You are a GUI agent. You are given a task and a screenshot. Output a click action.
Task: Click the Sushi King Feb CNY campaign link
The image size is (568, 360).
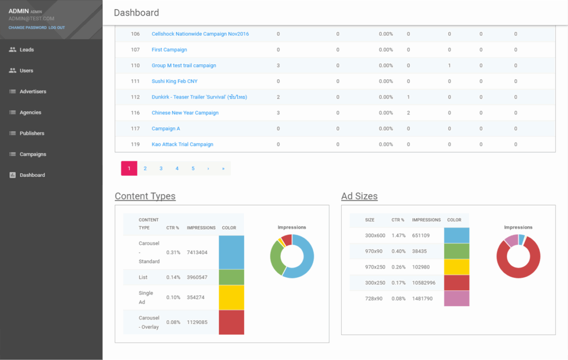(174, 81)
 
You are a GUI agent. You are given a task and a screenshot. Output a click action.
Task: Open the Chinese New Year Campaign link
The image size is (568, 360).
(185, 113)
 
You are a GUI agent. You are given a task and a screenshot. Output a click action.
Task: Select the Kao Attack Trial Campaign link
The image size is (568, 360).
(182, 144)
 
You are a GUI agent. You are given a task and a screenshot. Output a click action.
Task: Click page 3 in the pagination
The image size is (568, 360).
(161, 169)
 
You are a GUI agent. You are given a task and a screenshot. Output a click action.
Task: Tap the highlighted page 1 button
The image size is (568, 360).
(129, 169)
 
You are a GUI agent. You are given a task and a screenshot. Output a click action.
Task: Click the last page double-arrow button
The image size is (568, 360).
(223, 169)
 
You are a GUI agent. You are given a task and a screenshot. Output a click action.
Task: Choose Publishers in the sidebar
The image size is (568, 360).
(32, 134)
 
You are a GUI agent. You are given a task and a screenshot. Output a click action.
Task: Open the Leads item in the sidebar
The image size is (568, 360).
(27, 50)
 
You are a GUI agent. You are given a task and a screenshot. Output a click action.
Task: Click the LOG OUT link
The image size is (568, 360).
(57, 28)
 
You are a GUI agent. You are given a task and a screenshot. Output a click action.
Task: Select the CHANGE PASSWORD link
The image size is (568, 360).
(27, 28)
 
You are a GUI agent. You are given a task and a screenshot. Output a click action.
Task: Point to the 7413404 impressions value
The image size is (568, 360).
(197, 252)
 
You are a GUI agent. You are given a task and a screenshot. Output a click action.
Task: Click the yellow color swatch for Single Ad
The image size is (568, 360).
(231, 297)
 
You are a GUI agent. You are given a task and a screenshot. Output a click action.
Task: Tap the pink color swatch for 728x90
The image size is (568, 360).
(456, 298)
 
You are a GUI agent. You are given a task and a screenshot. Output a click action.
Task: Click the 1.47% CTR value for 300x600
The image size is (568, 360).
(398, 235)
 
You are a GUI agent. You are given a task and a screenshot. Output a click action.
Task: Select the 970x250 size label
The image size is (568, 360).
(375, 267)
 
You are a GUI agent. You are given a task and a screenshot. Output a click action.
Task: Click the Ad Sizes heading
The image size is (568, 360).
(359, 196)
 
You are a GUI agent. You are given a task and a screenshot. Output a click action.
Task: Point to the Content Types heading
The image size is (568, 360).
(145, 196)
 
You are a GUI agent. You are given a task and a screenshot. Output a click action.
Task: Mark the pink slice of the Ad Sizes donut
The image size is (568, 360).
(511, 239)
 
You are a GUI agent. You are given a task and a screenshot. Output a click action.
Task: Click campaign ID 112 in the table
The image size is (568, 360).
(135, 97)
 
